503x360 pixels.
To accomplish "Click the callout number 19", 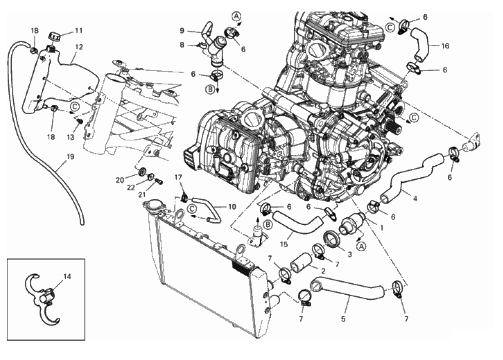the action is [x=70, y=157].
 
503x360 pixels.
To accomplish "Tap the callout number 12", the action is [x=79, y=47].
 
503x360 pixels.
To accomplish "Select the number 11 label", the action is [x=79, y=31].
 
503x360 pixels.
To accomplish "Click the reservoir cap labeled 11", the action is [x=54, y=36].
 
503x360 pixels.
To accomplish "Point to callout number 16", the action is [x=445, y=46].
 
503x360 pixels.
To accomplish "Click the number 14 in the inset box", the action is [x=67, y=277].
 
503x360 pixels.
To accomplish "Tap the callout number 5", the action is [x=343, y=319].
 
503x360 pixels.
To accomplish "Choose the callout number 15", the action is [x=284, y=244].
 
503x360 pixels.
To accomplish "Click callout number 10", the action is [x=232, y=206].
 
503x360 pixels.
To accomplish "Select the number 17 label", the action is [x=178, y=177].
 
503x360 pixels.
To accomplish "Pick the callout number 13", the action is [x=70, y=137].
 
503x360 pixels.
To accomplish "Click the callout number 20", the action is [x=120, y=180].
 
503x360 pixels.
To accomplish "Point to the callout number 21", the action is [x=142, y=195].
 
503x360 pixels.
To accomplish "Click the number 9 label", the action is [x=182, y=31].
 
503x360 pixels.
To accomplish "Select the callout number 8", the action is [x=182, y=45].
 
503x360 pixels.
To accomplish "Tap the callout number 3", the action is [x=350, y=254].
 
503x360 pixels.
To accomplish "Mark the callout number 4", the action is [x=415, y=199].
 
